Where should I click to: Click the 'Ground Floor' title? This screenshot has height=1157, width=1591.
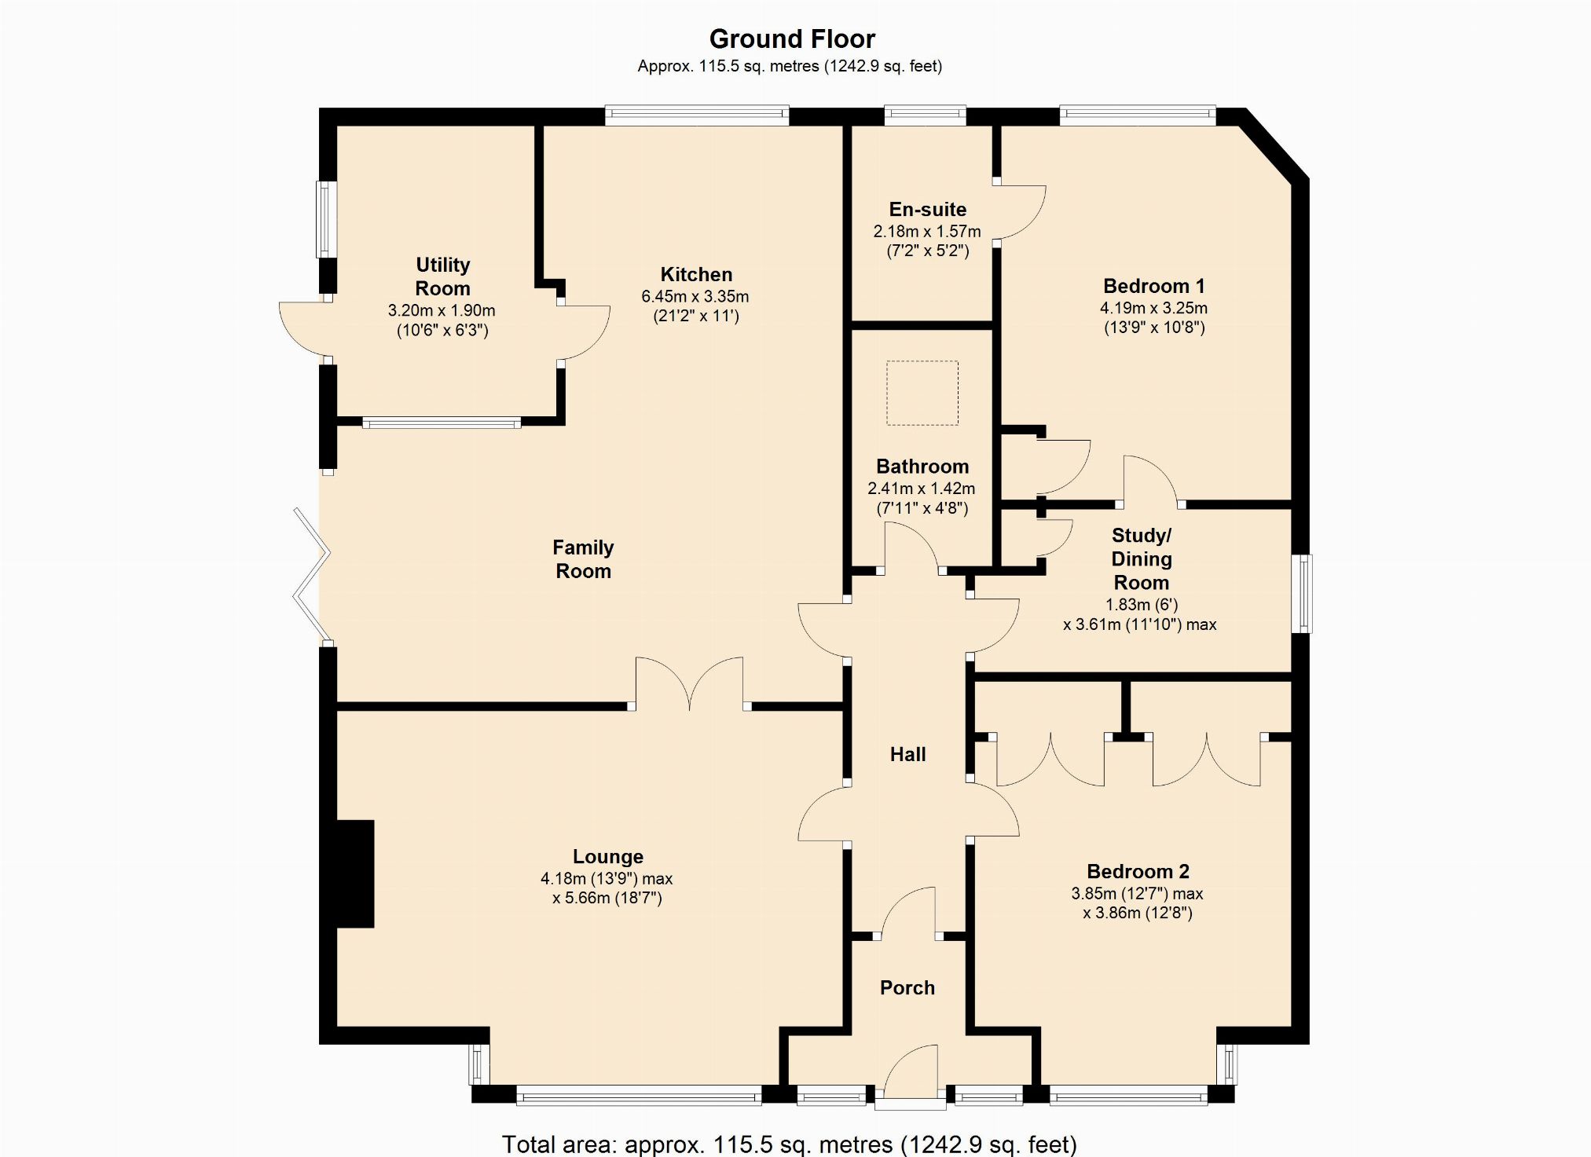tap(792, 38)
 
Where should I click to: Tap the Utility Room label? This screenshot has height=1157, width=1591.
tap(442, 276)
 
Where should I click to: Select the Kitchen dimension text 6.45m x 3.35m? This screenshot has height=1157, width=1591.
tap(695, 297)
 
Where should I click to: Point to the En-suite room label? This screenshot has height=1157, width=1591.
tap(928, 209)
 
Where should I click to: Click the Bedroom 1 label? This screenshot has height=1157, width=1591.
tap(1153, 286)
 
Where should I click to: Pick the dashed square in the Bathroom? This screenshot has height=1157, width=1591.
tap(922, 393)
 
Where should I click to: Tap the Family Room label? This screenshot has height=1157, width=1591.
tap(583, 559)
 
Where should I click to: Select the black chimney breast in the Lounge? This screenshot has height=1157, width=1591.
tap(354, 873)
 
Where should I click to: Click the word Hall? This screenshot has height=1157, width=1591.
tap(907, 755)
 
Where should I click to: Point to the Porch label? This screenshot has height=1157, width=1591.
tap(907, 987)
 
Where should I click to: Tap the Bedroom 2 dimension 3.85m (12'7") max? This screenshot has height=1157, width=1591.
tap(1137, 894)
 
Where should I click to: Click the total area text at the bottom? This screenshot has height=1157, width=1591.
tap(790, 1144)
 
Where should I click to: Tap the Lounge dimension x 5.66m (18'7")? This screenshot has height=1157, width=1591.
tap(607, 898)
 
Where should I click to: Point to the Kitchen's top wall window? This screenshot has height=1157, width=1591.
tap(697, 116)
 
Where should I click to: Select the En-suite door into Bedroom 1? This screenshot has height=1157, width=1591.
tap(1021, 212)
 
